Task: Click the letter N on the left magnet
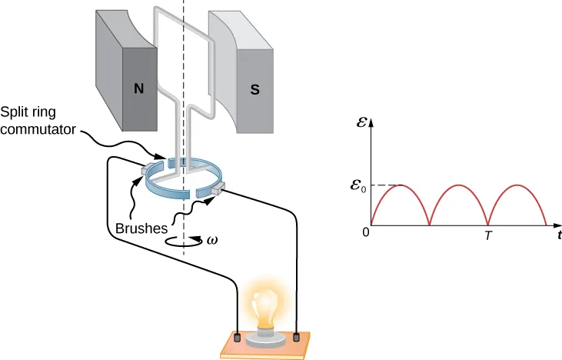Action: (x=138, y=88)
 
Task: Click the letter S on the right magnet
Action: (x=254, y=88)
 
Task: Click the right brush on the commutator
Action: (x=218, y=186)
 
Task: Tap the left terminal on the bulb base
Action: (x=238, y=337)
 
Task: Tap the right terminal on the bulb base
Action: (x=298, y=336)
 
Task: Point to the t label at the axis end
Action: (x=558, y=235)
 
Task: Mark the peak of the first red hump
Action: (x=400, y=185)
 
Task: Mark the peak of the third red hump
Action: (x=517, y=185)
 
